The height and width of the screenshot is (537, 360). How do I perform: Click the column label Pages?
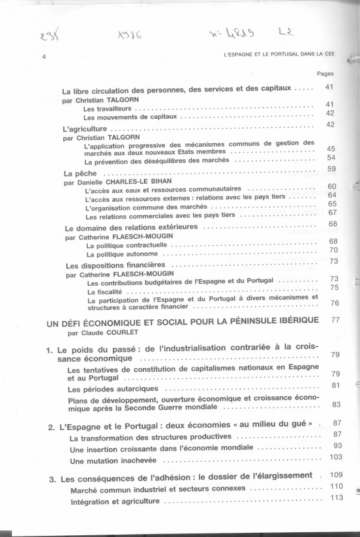coord(325,75)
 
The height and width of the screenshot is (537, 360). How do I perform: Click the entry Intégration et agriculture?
coord(115,501)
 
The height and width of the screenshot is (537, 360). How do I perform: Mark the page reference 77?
coord(334,320)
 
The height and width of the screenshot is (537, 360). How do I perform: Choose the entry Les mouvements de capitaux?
coord(131,118)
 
